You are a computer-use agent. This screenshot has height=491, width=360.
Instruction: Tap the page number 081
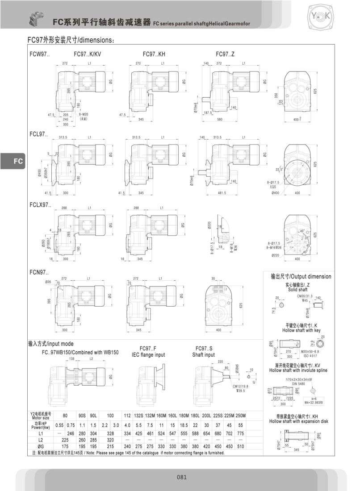[182, 477]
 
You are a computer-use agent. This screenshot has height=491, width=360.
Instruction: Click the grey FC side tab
[13, 161]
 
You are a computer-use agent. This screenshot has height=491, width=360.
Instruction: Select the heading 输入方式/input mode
[51, 344]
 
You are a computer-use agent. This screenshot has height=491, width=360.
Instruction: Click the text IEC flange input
[148, 355]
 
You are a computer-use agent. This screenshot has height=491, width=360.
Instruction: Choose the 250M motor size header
[241, 415]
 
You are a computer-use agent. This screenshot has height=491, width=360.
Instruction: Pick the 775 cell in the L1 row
[241, 433]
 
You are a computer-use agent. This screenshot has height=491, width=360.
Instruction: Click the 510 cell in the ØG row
[241, 445]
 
